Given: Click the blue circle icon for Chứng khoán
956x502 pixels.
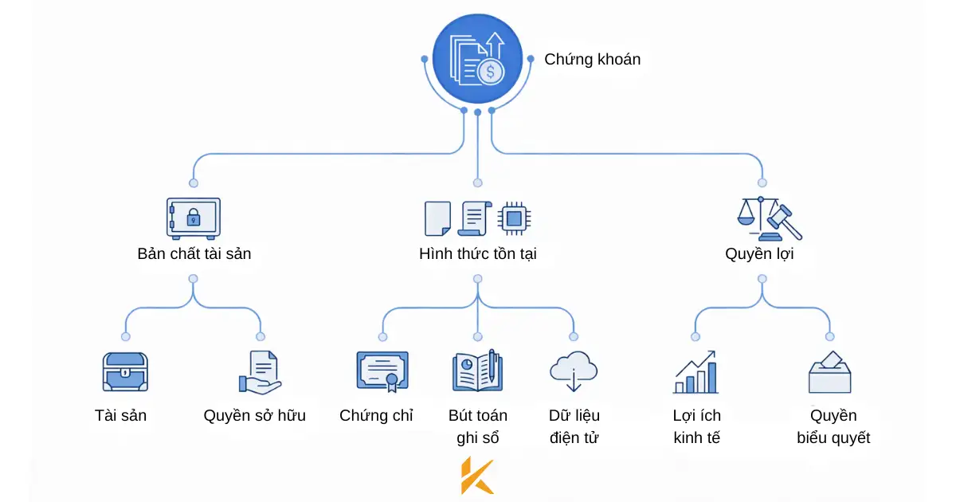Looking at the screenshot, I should pyautogui.click(x=477, y=60).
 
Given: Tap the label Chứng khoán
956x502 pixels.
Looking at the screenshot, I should pyautogui.click(x=592, y=60).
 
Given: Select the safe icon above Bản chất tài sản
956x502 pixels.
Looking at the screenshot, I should pyautogui.click(x=193, y=218).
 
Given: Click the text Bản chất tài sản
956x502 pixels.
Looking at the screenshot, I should pyautogui.click(x=194, y=254).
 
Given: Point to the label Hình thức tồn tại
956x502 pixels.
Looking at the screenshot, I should pyautogui.click(x=477, y=254).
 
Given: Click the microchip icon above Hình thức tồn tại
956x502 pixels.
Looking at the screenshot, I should pyautogui.click(x=515, y=218).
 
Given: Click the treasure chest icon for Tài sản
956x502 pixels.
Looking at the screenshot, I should pyautogui.click(x=125, y=372).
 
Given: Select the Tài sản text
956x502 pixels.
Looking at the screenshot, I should pyautogui.click(x=120, y=415).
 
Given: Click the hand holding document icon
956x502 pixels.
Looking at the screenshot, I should pyautogui.click(x=261, y=372).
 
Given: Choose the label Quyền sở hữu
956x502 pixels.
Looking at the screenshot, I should pyautogui.click(x=254, y=415).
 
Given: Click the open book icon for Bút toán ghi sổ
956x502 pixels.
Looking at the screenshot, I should pyautogui.click(x=476, y=371).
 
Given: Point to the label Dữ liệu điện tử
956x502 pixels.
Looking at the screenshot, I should pyautogui.click(x=574, y=426).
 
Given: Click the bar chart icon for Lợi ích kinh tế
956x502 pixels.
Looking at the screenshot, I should pyautogui.click(x=696, y=373).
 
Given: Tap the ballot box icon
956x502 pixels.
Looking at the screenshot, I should pyautogui.click(x=830, y=372).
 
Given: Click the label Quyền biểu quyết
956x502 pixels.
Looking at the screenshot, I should pyautogui.click(x=833, y=426).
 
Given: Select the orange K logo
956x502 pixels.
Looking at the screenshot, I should pyautogui.click(x=477, y=476).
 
